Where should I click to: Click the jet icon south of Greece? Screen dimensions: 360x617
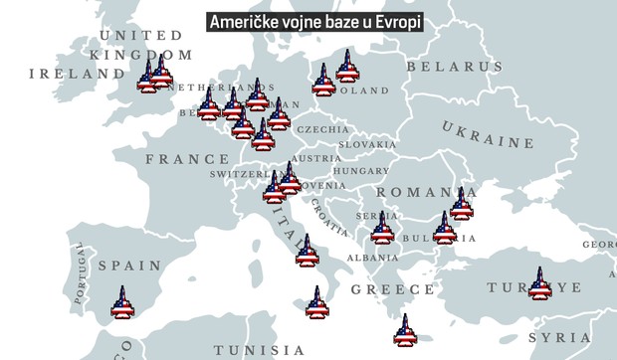pyautogui.click(x=404, y=331)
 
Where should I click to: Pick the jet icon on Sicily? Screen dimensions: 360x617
pyautogui.click(x=317, y=302)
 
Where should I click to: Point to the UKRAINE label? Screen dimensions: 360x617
pyautogui.click(x=488, y=135)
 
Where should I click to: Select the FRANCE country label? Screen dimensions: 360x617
pyautogui.click(x=187, y=159)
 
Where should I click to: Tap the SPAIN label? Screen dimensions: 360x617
pyautogui.click(x=129, y=267)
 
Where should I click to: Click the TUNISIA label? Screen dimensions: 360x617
pyautogui.click(x=260, y=350)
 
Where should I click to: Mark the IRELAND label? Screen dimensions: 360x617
pyautogui.click(x=71, y=74)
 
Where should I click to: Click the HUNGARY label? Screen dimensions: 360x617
pyautogui.click(x=360, y=171)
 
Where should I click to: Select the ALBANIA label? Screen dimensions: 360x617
pyautogui.click(x=372, y=258)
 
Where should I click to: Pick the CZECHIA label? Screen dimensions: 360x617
pyautogui.click(x=322, y=129)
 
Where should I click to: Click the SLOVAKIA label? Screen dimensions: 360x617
pyautogui.click(x=367, y=144)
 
